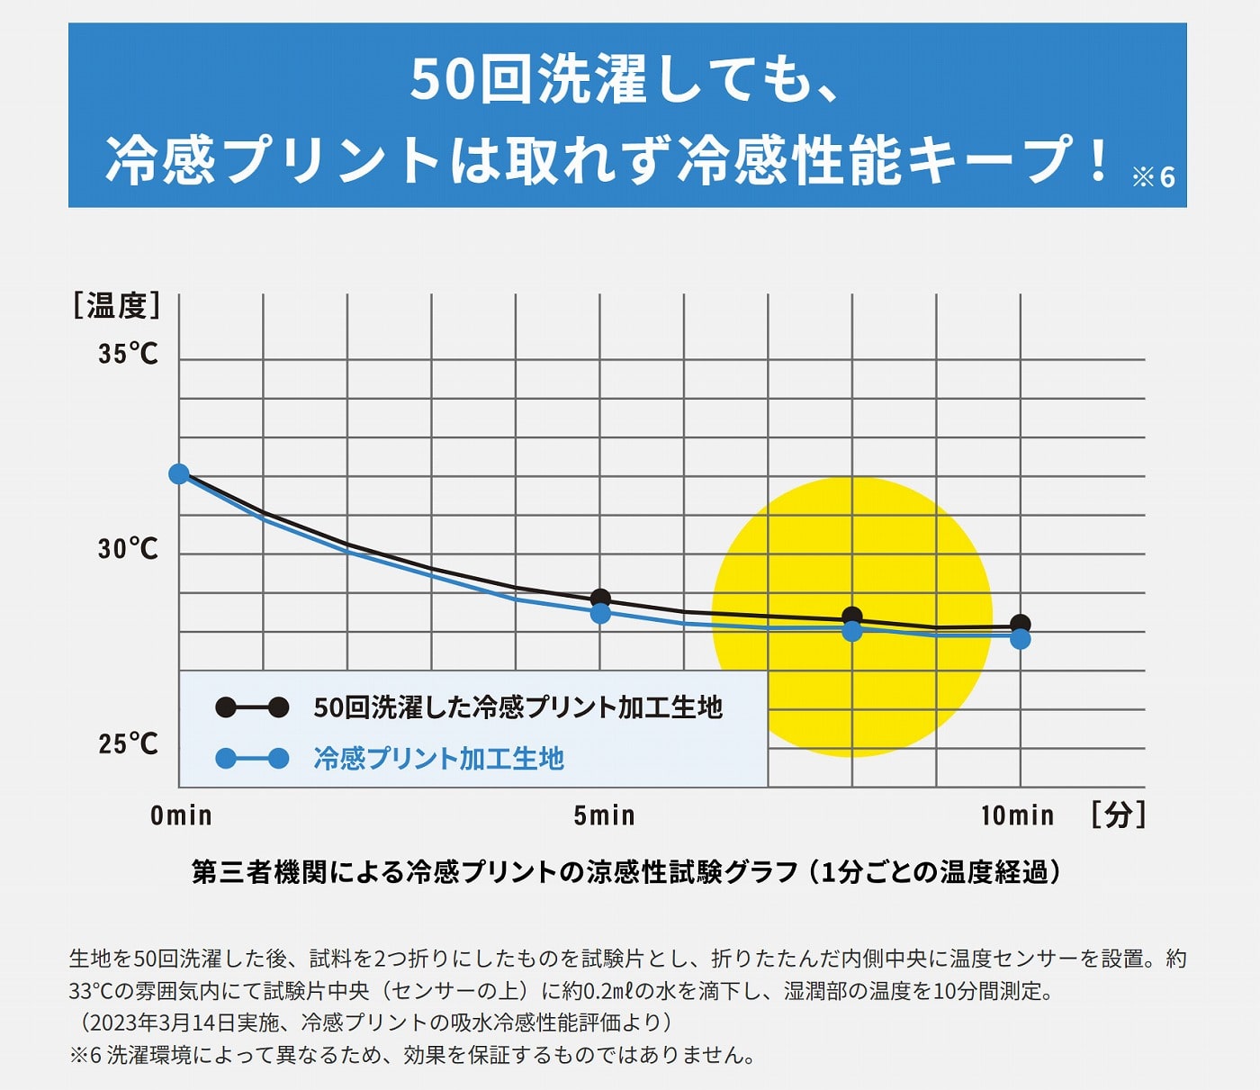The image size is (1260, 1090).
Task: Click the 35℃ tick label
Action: point(128,354)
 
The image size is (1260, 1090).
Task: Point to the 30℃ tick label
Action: point(128,548)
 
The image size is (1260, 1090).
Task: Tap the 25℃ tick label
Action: point(128,743)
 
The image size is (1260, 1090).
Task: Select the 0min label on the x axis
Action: point(181,815)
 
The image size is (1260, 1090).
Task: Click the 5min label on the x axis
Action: point(604,815)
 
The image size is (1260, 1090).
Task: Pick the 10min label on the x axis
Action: point(1017,815)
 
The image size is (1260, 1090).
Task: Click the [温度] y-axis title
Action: point(117,306)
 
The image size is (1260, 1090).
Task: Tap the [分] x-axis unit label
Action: point(1118,815)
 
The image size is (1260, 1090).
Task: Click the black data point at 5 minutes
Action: point(600,599)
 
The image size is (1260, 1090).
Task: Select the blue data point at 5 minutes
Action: point(600,614)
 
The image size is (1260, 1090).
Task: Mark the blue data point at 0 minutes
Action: point(179,473)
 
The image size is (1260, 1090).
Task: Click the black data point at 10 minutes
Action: point(1021,623)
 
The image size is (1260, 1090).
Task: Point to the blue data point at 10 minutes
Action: point(1021,639)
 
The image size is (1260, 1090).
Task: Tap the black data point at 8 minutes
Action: point(852,617)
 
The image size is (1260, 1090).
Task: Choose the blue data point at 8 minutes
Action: point(852,632)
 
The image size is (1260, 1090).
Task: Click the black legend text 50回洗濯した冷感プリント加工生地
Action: point(517,707)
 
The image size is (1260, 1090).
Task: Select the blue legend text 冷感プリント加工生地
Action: point(438,759)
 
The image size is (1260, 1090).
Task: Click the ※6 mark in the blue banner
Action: point(1154,176)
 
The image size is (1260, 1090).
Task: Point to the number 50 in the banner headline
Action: point(442,80)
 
